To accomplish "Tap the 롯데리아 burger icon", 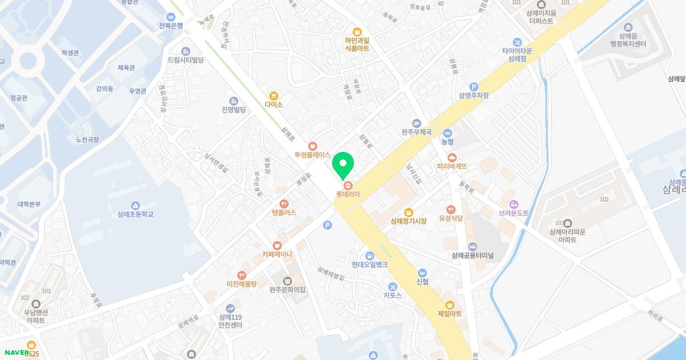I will [348, 185].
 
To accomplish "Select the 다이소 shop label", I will [274, 105].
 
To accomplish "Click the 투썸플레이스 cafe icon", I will [312, 146].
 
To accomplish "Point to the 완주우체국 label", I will [416, 132].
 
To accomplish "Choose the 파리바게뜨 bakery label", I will [452, 166].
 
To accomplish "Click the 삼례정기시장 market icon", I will [408, 212].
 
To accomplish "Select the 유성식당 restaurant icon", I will [450, 209].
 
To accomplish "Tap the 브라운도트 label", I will [513, 213].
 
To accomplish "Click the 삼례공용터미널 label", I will [472, 255].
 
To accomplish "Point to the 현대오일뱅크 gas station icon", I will [370, 255].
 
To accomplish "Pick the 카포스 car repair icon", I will [393, 286].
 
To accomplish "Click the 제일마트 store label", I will [449, 314].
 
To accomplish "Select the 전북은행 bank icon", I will [171, 17].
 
